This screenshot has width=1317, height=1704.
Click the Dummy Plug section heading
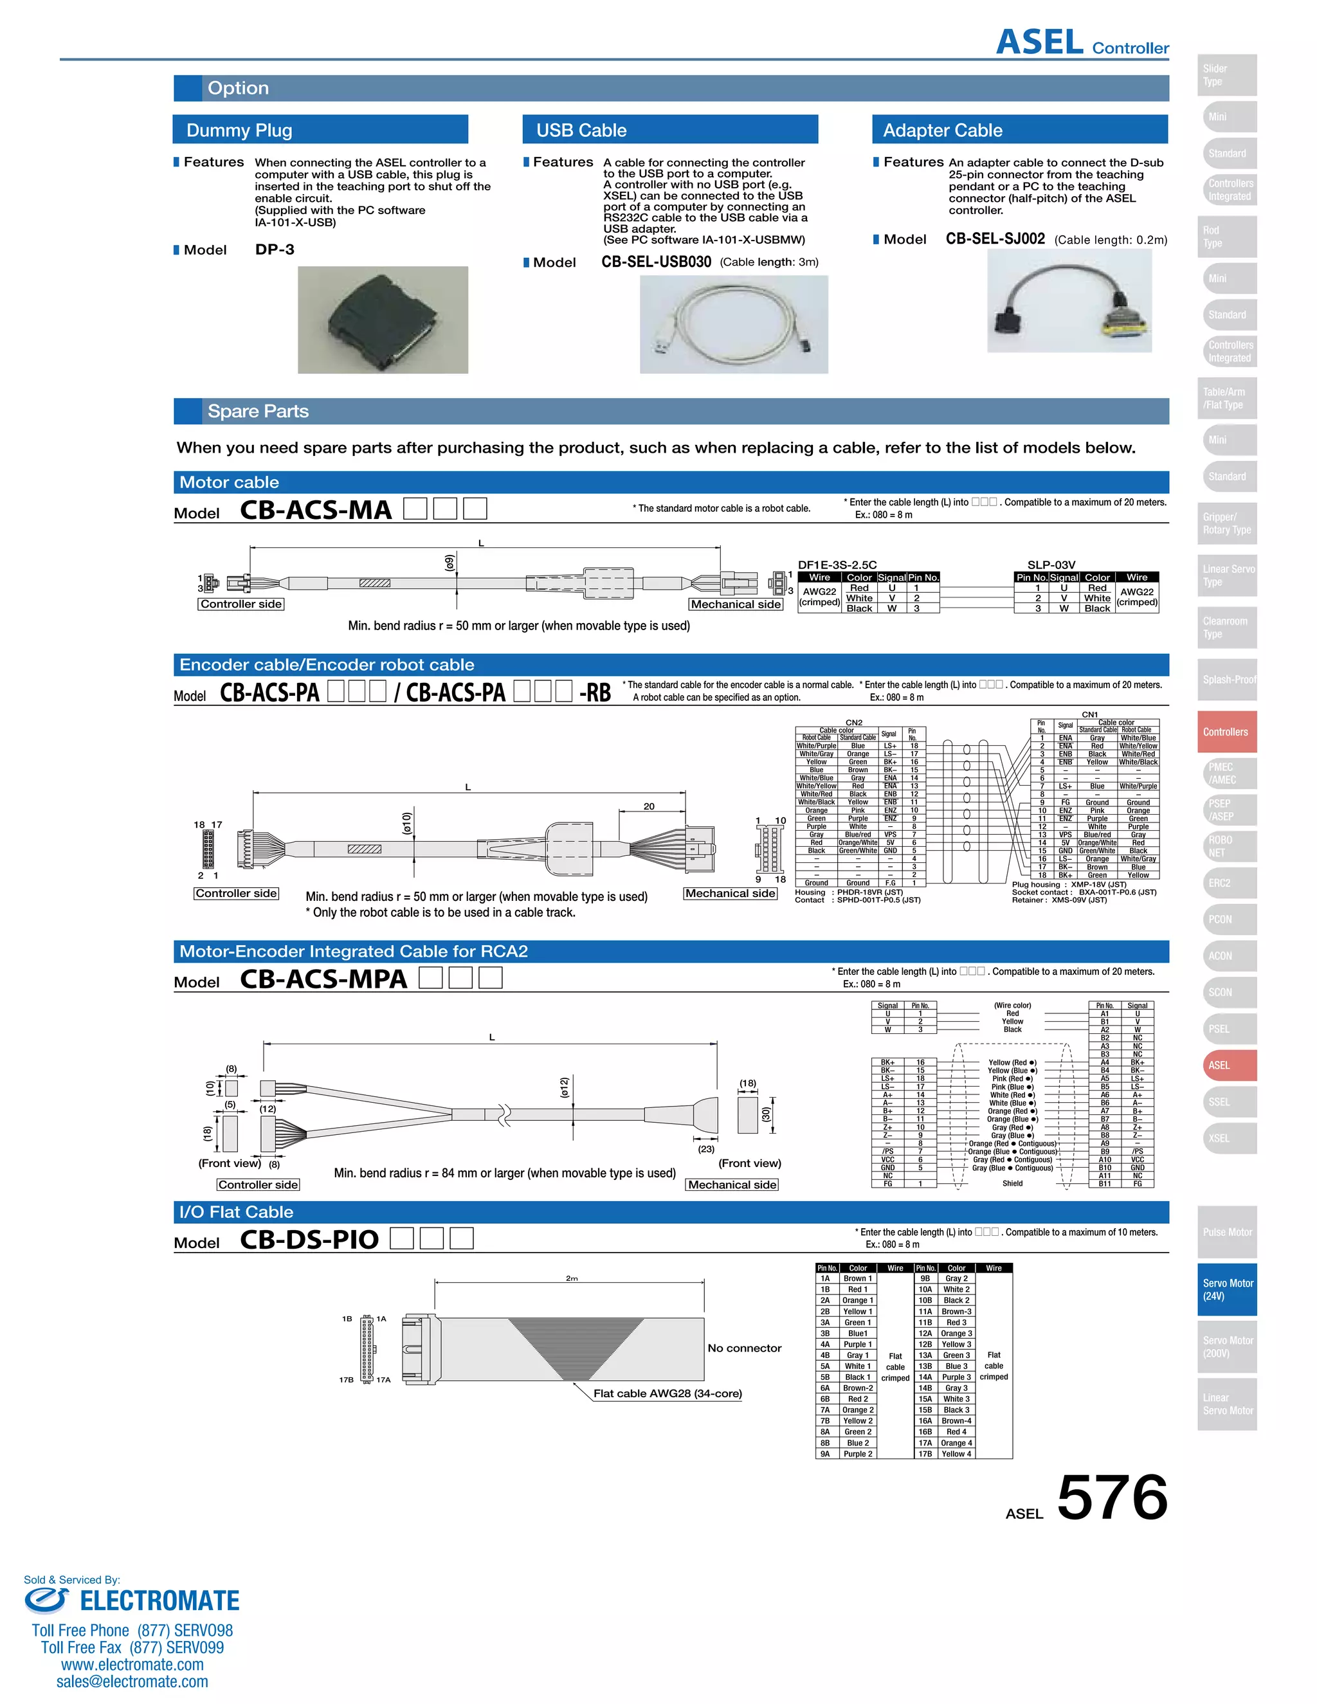pyautogui.click(x=239, y=131)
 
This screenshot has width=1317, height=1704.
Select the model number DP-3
pyautogui.click(x=275, y=249)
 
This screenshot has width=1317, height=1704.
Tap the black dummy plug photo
pyautogui.click(x=383, y=320)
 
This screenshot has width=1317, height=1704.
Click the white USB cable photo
pyautogui.click(x=733, y=325)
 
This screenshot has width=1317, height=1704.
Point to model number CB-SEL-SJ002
pyautogui.click(x=995, y=239)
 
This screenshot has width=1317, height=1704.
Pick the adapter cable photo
pyautogui.click(x=1069, y=301)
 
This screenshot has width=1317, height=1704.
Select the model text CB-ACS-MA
pyautogui.click(x=315, y=511)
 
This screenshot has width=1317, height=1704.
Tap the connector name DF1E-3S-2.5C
pyautogui.click(x=837, y=565)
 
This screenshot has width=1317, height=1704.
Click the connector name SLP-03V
pyautogui.click(x=1051, y=565)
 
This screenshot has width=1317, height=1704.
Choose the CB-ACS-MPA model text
pyautogui.click(x=323, y=979)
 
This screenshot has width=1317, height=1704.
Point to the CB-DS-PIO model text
pyautogui.click(x=309, y=1240)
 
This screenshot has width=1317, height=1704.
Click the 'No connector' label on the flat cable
pyautogui.click(x=743, y=1348)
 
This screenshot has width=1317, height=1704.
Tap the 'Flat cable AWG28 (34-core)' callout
pyautogui.click(x=667, y=1393)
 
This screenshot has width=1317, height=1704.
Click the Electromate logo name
pyautogui.click(x=159, y=1601)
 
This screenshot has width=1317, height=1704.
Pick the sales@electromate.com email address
pyautogui.click(x=132, y=1681)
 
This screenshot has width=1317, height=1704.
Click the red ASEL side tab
pyautogui.click(x=1226, y=1065)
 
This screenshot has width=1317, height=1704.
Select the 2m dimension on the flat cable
pyautogui.click(x=572, y=1278)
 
